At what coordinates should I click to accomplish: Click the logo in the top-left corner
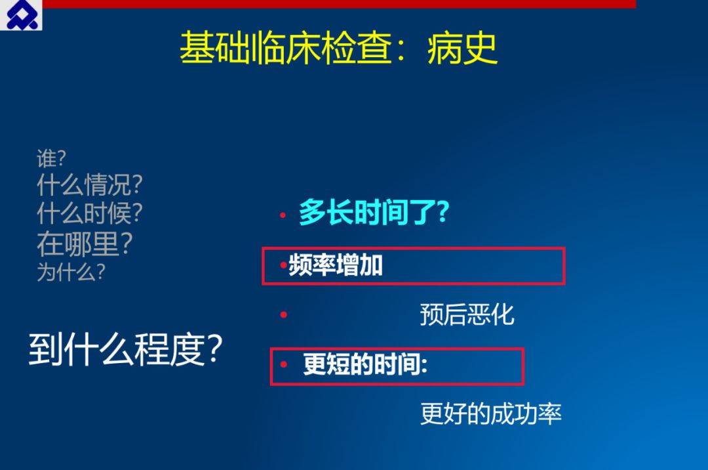21,15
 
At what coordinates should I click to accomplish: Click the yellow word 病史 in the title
462,49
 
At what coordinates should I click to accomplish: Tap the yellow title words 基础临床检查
286,49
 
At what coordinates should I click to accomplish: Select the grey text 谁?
52,159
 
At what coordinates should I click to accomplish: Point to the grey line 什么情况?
90,184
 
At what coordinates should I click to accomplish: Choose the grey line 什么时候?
90,213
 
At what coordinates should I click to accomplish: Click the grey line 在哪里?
85,244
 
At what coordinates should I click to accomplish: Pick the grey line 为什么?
71,272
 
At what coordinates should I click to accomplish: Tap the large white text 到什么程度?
126,349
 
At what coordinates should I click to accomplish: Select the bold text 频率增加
336,265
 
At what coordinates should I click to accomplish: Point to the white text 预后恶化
467,314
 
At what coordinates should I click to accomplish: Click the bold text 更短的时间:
365,364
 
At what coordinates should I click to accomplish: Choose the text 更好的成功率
491,414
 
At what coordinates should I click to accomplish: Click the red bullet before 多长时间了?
283,215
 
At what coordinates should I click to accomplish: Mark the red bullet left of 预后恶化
284,314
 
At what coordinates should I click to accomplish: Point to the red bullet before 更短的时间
284,364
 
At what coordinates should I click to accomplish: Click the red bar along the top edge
339,4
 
